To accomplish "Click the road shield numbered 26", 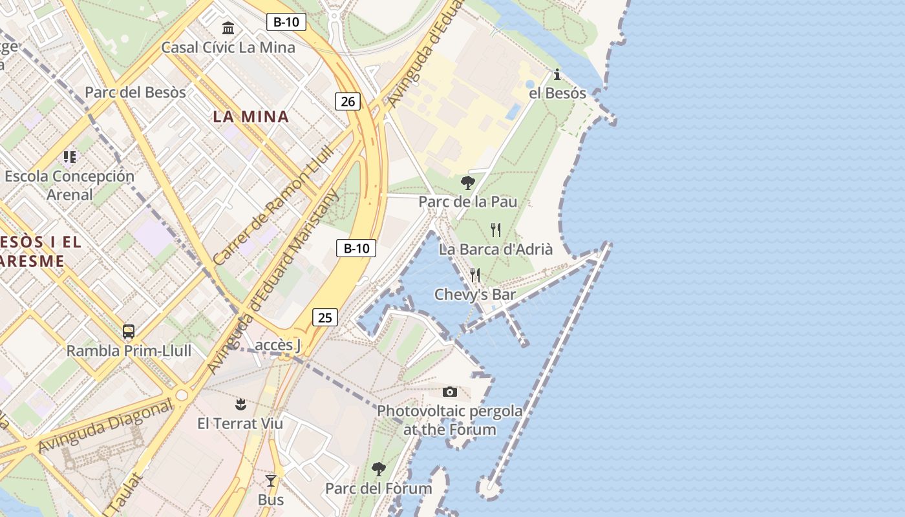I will (348, 101).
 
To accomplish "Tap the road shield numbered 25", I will (325, 317).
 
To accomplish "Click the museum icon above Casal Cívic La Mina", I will (228, 28).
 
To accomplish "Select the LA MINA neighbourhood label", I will (251, 117).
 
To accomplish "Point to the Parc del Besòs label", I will (135, 92).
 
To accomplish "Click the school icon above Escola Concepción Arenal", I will (70, 156).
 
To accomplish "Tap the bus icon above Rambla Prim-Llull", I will (129, 332).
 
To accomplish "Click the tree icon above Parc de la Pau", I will (468, 182).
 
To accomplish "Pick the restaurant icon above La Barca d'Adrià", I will (496, 229).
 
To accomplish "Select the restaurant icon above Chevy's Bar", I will (475, 275).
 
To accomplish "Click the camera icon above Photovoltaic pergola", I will (450, 392).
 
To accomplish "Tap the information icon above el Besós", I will (557, 74).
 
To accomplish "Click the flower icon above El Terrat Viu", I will (240, 405).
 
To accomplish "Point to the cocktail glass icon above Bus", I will (271, 481).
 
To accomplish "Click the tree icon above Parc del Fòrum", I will (379, 469).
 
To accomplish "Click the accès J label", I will (278, 345).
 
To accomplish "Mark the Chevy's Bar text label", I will (475, 295).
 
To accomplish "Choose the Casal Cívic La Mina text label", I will (228, 47).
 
